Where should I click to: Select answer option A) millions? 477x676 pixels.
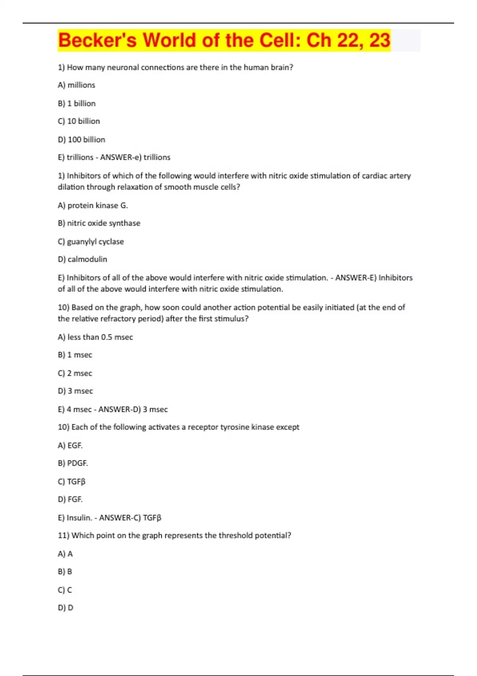click(77, 85)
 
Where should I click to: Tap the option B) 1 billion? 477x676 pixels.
click(77, 103)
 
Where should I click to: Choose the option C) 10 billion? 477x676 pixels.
click(79, 121)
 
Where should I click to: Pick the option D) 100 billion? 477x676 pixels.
click(81, 140)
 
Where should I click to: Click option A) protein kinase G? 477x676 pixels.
click(93, 206)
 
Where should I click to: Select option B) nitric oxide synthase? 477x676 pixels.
click(99, 223)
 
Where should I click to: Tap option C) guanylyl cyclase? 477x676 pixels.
click(91, 241)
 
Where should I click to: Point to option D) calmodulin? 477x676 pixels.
click(82, 259)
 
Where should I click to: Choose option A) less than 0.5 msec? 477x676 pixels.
click(95, 337)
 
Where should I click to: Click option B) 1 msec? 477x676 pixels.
click(75, 355)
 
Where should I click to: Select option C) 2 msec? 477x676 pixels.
click(75, 373)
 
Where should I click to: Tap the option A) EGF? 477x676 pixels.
click(70, 445)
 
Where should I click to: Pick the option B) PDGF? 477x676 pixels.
click(73, 463)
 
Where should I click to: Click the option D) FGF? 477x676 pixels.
click(70, 499)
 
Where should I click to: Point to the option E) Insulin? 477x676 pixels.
click(75, 518)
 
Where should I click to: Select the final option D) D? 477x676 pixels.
click(66, 608)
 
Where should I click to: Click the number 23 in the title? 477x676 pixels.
click(380, 41)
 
